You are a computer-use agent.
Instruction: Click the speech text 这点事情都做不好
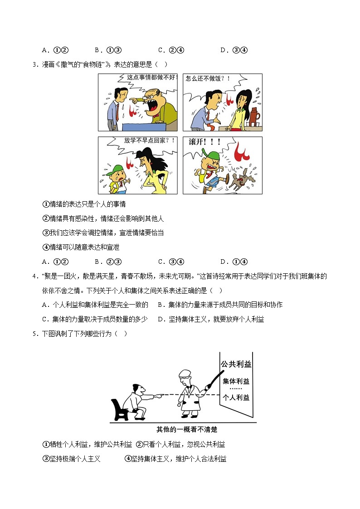click(x=151, y=78)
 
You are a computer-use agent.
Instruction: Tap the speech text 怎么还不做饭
click(x=208, y=78)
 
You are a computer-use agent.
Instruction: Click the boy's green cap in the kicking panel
click(x=211, y=156)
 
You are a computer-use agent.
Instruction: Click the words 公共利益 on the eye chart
click(x=236, y=364)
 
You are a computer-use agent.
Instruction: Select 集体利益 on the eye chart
click(x=236, y=381)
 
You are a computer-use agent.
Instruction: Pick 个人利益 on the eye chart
click(x=236, y=397)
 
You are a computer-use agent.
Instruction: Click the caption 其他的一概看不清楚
click(x=184, y=429)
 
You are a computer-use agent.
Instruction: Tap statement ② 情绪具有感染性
click(x=103, y=219)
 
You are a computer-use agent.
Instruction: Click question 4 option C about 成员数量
click(x=95, y=319)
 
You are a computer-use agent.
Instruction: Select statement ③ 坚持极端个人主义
click(x=71, y=459)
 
